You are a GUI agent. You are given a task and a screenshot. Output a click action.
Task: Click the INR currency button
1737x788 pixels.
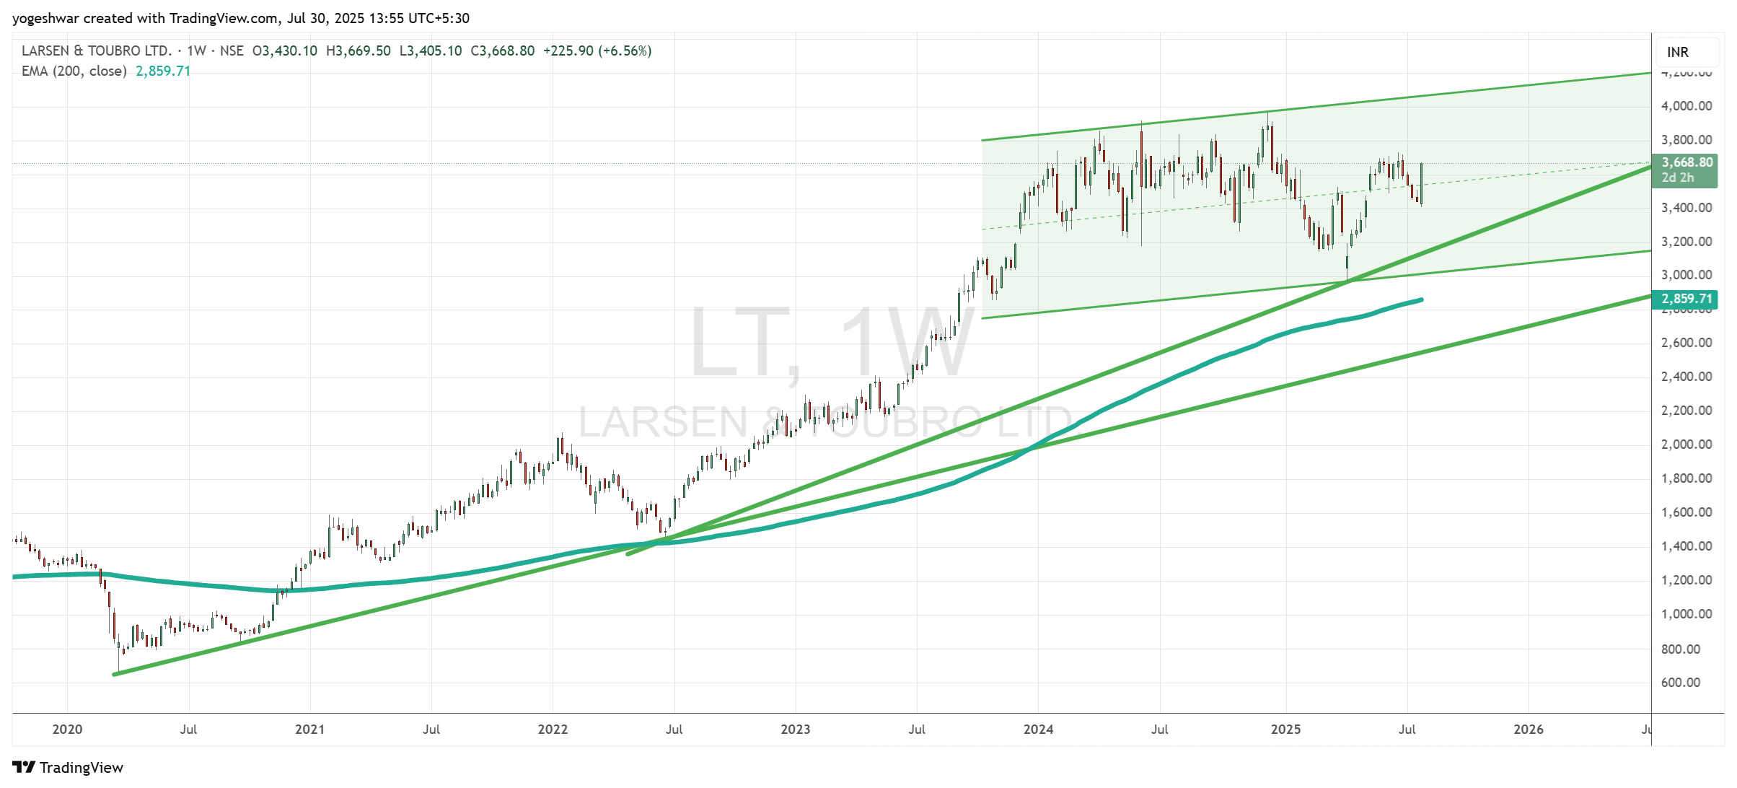coord(1678,52)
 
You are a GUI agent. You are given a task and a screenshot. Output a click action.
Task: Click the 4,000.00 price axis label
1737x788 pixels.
coord(1686,106)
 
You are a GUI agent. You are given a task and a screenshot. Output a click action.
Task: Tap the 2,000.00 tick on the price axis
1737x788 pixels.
coord(1686,445)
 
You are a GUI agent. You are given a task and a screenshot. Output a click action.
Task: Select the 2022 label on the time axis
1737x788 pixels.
coord(553,730)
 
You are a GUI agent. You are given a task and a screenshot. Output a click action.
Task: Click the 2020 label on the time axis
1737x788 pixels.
coord(67,730)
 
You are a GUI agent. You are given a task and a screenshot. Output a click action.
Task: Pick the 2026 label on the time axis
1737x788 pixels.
coord(1528,730)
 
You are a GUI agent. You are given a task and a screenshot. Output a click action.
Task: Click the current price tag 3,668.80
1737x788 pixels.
coord(1687,163)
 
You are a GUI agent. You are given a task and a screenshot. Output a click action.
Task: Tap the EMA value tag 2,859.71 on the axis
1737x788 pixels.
coord(1687,299)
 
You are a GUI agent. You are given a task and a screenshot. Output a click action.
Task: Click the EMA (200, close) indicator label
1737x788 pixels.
coord(74,71)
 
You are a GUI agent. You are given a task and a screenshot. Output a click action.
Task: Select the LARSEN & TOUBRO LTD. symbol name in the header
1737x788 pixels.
coord(97,51)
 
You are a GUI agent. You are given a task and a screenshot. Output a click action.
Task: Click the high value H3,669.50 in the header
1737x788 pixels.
coord(359,51)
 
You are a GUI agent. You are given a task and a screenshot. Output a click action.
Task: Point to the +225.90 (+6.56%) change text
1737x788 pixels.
coord(597,51)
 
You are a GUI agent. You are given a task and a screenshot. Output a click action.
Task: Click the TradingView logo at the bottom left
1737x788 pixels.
coord(68,767)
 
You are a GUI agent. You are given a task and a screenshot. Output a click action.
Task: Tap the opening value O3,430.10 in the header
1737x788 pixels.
coord(285,51)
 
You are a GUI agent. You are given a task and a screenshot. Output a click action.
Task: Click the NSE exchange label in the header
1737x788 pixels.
coord(232,51)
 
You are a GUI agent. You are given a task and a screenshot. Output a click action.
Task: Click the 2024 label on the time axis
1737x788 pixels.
coord(1038,730)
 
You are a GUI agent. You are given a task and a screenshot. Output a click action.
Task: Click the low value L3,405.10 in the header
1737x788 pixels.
coord(431,51)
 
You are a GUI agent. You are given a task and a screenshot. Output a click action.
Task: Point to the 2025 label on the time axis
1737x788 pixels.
coord(1285,730)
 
